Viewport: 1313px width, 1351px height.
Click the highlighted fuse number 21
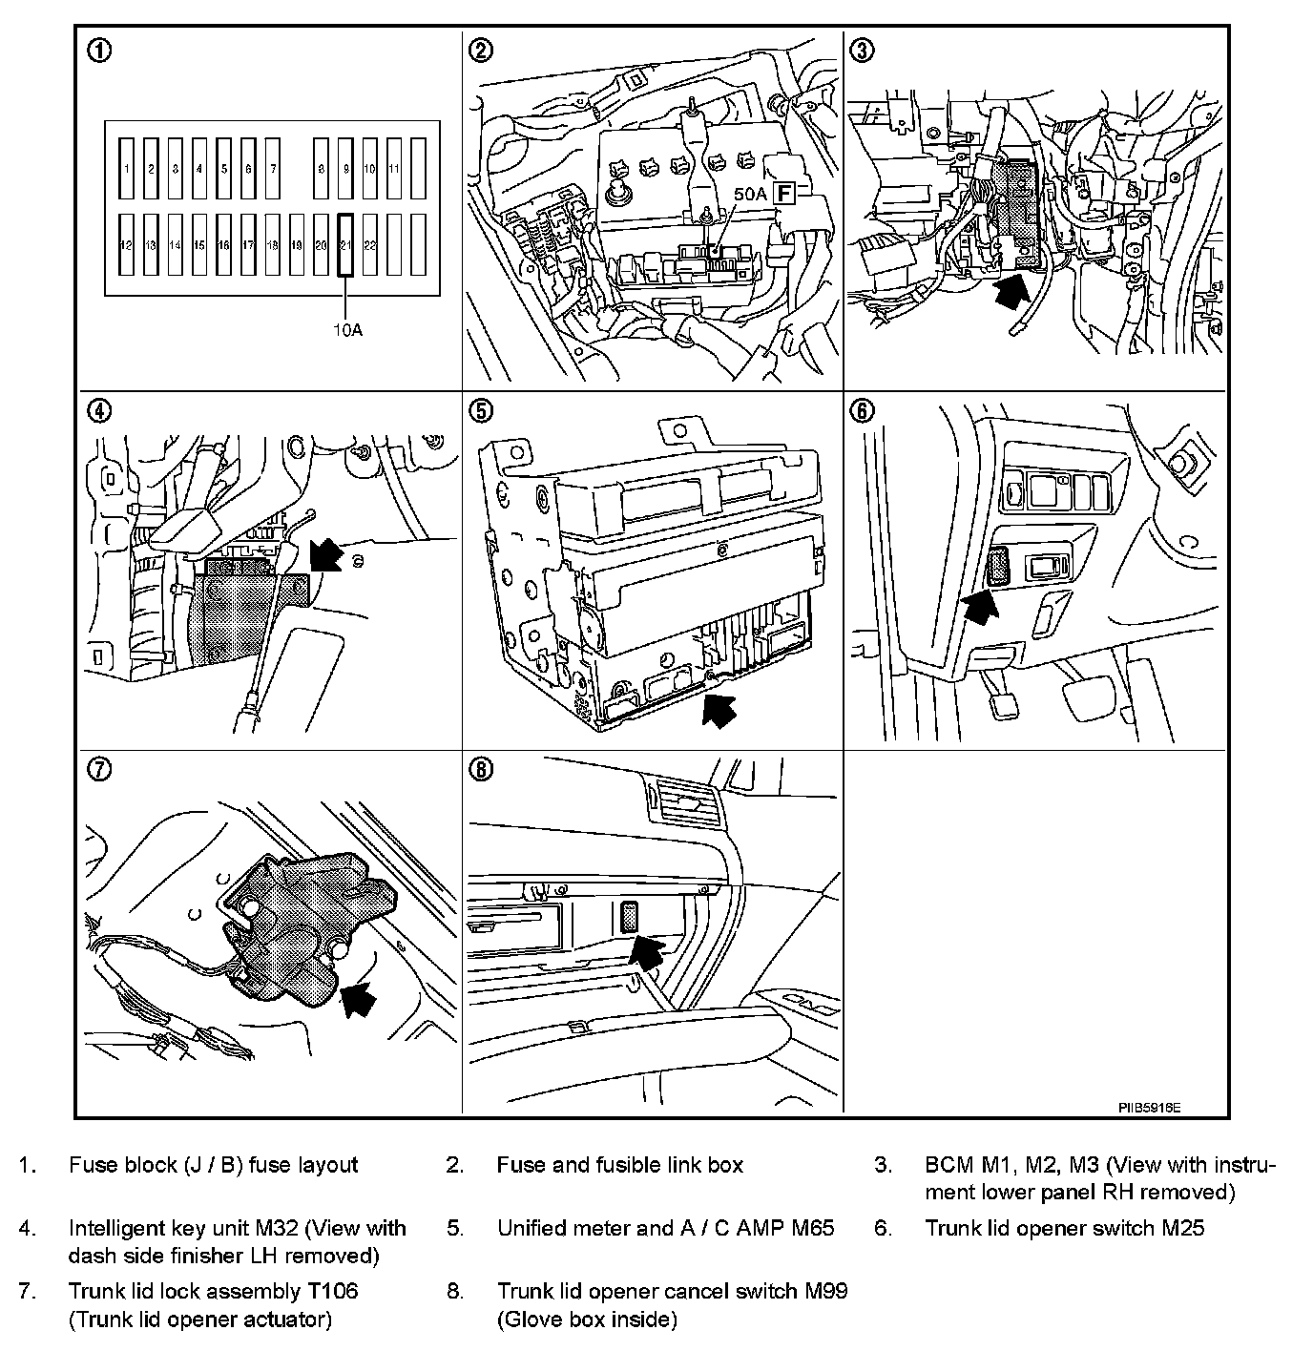pyautogui.click(x=345, y=245)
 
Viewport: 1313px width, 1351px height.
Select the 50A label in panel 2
pyautogui.click(x=750, y=193)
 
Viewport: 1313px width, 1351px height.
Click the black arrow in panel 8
pyautogui.click(x=649, y=950)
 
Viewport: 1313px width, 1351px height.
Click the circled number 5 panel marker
pyautogui.click(x=481, y=410)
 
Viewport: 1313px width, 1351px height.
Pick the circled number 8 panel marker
pyautogui.click(x=481, y=769)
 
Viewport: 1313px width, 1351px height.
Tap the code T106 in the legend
pyautogui.click(x=332, y=1291)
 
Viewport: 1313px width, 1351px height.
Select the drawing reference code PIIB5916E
pyautogui.click(x=1150, y=1108)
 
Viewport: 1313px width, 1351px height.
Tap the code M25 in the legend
pyautogui.click(x=1182, y=1228)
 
